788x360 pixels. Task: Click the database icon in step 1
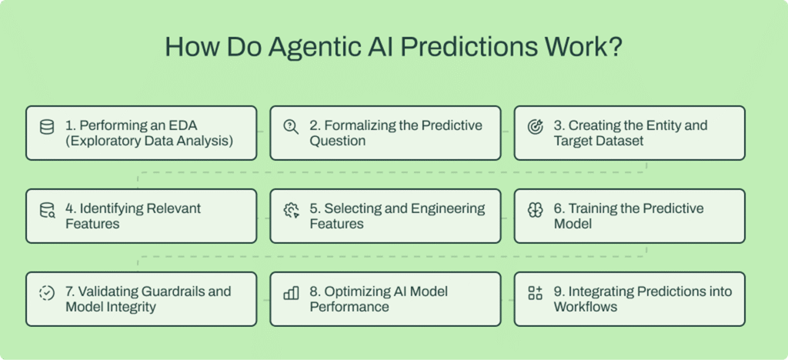click(47, 126)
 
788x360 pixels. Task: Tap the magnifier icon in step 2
click(291, 126)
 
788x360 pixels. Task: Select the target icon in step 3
click(535, 126)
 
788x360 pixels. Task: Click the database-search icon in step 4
click(47, 209)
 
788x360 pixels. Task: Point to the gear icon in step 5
click(291, 209)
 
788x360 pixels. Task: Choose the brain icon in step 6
click(535, 209)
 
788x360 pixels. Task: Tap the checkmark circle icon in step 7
click(47, 292)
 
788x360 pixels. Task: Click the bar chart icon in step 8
click(291, 292)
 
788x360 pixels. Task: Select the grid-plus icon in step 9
click(535, 292)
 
